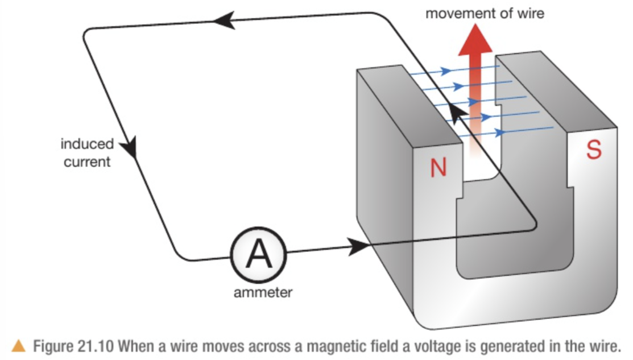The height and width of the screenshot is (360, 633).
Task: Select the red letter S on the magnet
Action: coord(593,150)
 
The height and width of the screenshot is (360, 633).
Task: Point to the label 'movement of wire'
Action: coord(485,13)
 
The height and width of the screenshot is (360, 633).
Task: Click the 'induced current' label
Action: coord(87,153)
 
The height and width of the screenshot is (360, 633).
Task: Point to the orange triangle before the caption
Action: coord(18,345)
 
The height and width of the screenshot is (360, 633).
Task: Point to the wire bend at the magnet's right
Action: coord(533,225)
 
